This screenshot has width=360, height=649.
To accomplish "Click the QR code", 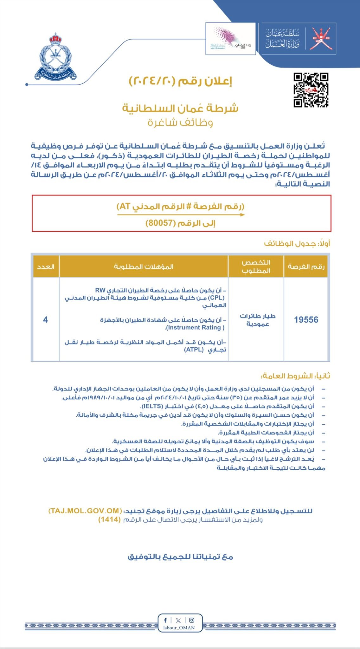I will pyautogui.click(x=311, y=90).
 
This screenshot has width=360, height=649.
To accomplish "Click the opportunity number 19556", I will pyautogui.click(x=306, y=319).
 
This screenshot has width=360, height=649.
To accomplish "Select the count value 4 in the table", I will pyautogui.click(x=45, y=319).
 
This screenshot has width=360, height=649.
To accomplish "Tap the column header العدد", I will pyautogui.click(x=46, y=267).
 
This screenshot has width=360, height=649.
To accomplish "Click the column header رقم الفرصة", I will pyautogui.click(x=306, y=267).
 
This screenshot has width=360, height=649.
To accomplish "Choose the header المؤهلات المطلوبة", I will pyautogui.click(x=144, y=267).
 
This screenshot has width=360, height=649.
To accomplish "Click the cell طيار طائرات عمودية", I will pyautogui.click(x=257, y=320).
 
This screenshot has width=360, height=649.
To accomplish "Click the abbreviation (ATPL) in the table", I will pyautogui.click(x=194, y=350).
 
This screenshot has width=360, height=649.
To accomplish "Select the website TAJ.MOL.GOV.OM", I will pyautogui.click(x=85, y=511).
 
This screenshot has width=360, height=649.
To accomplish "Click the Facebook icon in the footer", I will pyautogui.click(x=165, y=620).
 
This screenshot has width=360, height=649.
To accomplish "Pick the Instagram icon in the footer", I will pyautogui.click(x=191, y=620).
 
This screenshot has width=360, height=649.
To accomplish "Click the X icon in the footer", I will pyautogui.click(x=178, y=620).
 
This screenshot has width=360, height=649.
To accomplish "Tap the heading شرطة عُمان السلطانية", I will pyautogui.click(x=180, y=108).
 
